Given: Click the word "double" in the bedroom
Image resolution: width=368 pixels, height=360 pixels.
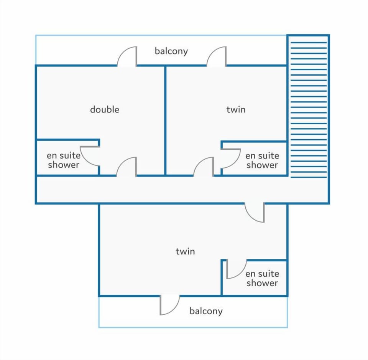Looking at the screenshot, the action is pos(105,109).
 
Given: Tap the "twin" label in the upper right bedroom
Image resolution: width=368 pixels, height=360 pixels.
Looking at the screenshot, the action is pos(236,109).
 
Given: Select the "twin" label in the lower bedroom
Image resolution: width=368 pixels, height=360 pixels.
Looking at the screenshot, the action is pos(185,251).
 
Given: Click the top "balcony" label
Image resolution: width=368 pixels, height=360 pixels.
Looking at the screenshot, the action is pos(171,51).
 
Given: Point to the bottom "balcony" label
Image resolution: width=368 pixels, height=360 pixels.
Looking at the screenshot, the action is pos(206,311).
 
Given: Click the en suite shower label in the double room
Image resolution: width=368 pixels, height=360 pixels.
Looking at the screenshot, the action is pos(64,160).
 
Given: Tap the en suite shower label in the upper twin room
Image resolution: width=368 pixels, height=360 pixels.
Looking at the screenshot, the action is pos(262,160).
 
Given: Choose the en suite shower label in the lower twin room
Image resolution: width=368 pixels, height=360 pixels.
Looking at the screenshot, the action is pos(262,278).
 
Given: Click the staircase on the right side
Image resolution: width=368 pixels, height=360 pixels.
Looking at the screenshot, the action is pos(309,110).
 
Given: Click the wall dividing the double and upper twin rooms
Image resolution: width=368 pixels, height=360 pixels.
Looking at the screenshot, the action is pos(165,120).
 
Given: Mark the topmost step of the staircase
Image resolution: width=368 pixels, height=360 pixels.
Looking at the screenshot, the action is pos(309,43).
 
